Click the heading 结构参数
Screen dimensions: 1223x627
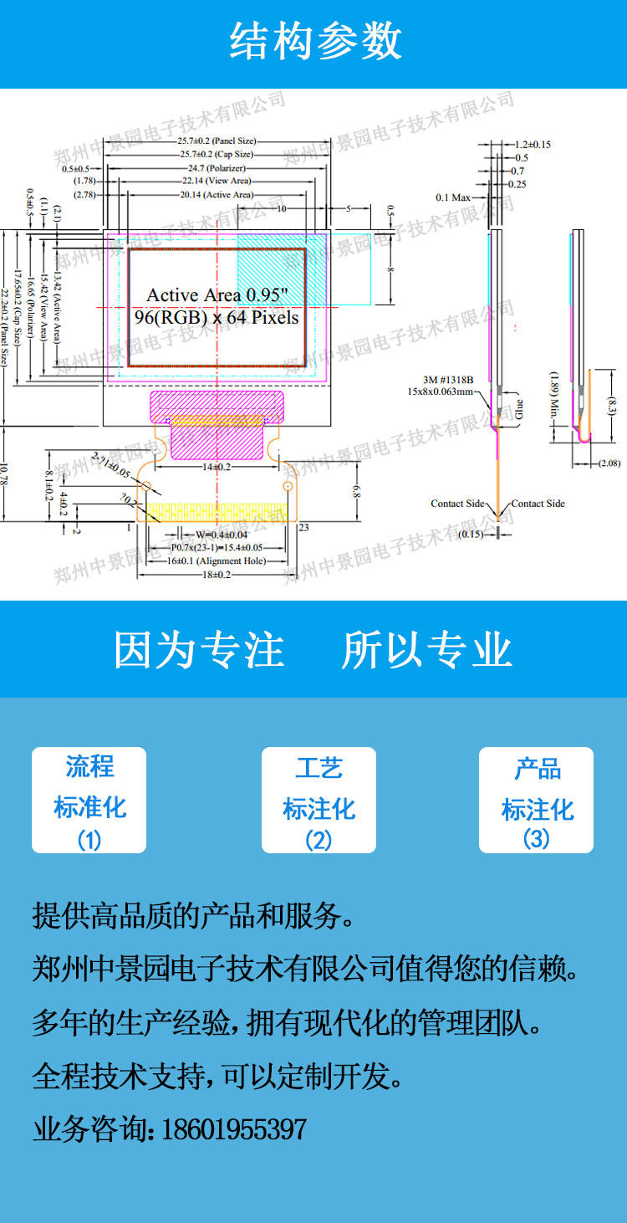pyautogui.click(x=315, y=42)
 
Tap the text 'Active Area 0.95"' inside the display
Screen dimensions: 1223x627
pyautogui.click(x=217, y=295)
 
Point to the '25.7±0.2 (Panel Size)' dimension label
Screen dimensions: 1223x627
pyautogui.click(x=217, y=141)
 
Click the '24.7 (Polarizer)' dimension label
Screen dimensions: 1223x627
pyautogui.click(x=217, y=167)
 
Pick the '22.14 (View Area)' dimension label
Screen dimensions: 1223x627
pyautogui.click(x=217, y=181)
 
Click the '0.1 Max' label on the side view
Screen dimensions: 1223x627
pyautogui.click(x=453, y=197)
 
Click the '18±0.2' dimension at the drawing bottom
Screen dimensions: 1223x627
pyautogui.click(x=216, y=575)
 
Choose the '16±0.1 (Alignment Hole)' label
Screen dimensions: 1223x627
pyautogui.click(x=216, y=560)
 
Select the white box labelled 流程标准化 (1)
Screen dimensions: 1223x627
pyautogui.click(x=89, y=800)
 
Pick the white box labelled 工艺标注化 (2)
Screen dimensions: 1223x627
pyautogui.click(x=319, y=800)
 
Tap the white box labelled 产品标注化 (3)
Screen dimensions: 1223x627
pyautogui.click(x=536, y=800)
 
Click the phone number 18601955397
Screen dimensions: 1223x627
pyautogui.click(x=233, y=1129)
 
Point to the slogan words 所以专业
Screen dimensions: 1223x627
pyautogui.click(x=426, y=650)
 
